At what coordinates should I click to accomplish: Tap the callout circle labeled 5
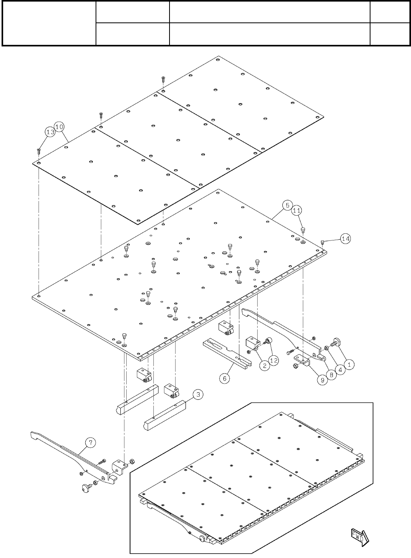point(288,205)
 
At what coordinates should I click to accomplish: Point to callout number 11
point(297,212)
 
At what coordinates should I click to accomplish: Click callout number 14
point(345,238)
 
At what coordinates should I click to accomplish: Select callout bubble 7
point(90,443)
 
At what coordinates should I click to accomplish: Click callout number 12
point(274,360)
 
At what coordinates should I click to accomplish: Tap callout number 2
point(264,365)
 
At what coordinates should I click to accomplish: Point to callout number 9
point(322,381)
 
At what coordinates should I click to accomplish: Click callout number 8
point(331,375)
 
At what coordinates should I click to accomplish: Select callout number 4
point(340,370)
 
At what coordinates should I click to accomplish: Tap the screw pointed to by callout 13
point(39,150)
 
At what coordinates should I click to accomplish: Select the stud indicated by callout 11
point(303,230)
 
